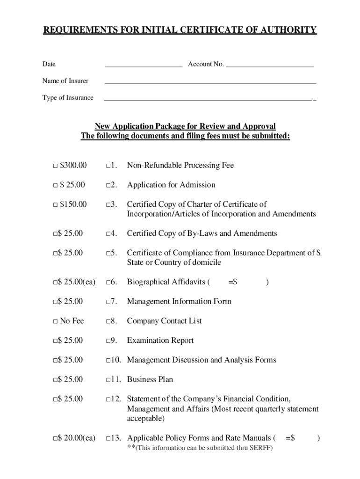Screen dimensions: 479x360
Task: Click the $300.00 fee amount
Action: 73,166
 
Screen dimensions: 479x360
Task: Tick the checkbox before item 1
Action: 108,166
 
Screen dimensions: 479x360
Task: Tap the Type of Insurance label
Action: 68,98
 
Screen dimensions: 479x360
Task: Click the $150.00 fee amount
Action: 73,204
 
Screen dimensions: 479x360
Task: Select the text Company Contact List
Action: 164,321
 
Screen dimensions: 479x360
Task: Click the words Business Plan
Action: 150,380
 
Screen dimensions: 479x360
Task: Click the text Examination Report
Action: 160,341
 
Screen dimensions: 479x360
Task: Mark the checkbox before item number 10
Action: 108,361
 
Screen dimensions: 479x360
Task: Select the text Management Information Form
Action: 179,302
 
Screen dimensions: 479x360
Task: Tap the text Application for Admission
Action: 171,185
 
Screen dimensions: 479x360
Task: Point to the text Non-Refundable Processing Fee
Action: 180,166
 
